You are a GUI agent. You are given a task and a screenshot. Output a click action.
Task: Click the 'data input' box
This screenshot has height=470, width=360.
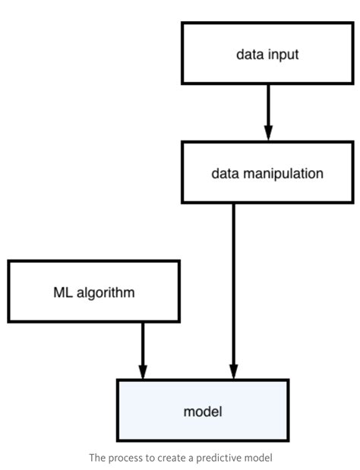click(267, 53)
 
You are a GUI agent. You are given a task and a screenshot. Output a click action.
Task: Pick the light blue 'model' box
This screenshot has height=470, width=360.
click(202, 411)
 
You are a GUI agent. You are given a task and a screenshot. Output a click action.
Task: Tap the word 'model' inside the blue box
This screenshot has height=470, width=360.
click(202, 412)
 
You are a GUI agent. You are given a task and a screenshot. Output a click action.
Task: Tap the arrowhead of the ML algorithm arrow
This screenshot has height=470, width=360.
click(142, 370)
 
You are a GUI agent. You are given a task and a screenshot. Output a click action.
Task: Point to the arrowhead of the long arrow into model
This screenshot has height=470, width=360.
click(233, 370)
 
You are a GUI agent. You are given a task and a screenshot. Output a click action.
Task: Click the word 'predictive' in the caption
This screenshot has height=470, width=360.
click(216, 457)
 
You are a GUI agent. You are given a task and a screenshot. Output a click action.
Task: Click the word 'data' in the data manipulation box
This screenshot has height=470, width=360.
click(225, 173)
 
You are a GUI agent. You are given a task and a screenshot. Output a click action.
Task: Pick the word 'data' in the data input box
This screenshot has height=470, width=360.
click(250, 54)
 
